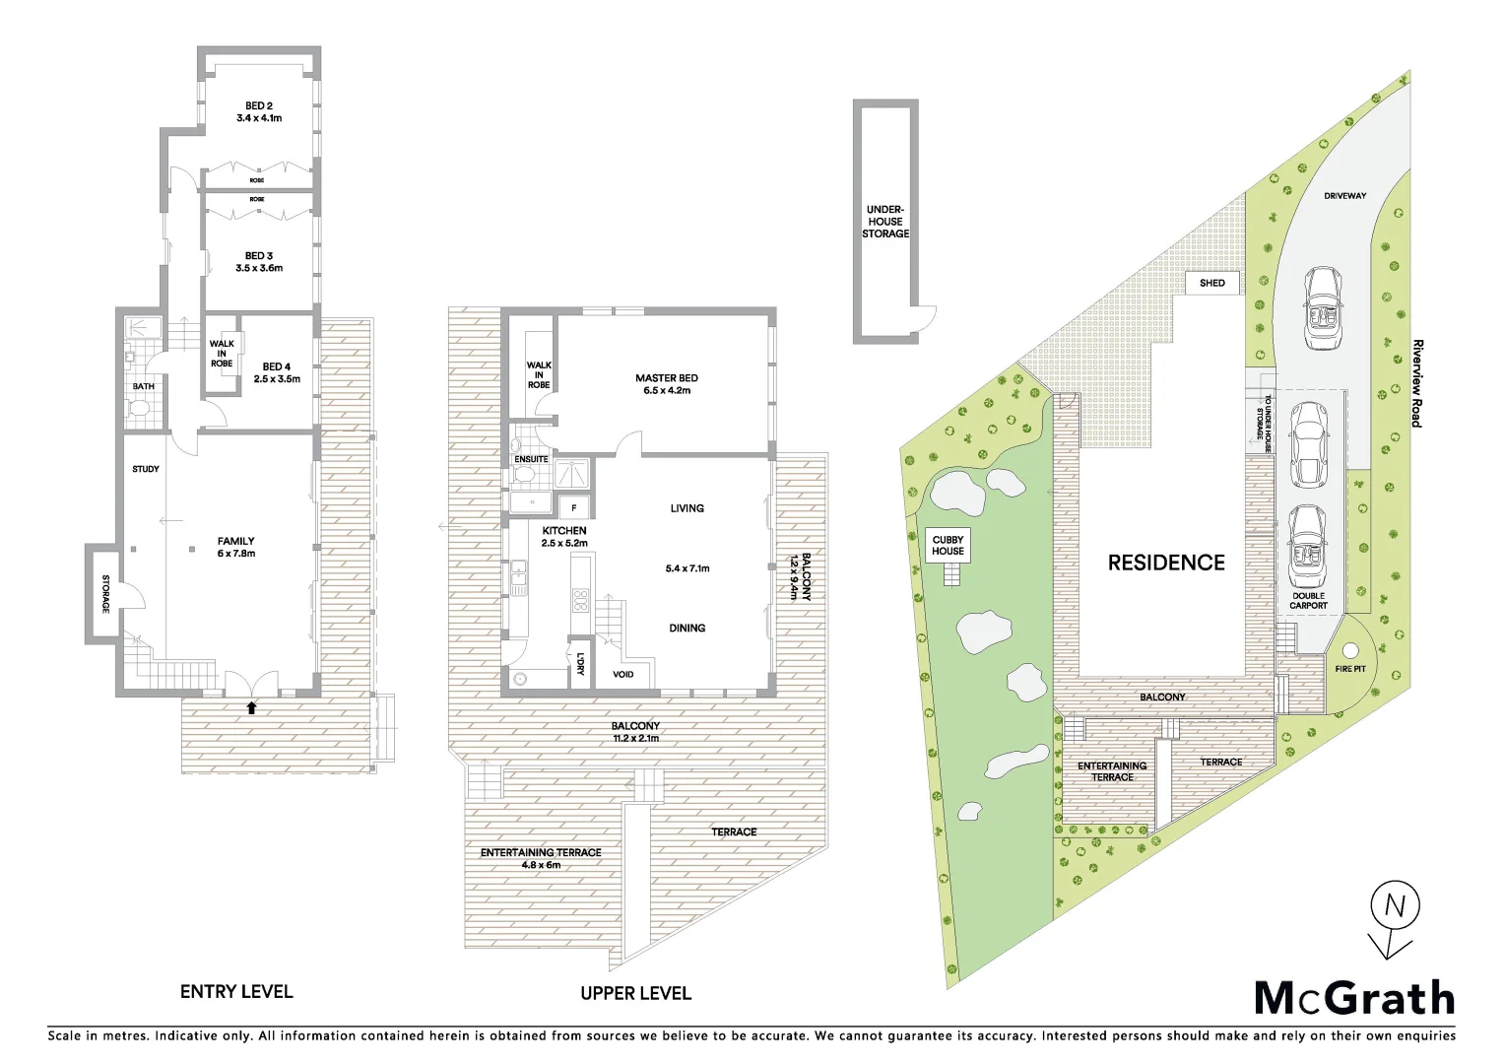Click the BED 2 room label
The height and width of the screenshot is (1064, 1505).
(x=259, y=105)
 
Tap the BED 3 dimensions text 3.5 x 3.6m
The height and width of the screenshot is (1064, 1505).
(x=259, y=268)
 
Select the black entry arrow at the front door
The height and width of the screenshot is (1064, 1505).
(x=251, y=707)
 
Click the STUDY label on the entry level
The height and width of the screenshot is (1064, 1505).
(x=146, y=469)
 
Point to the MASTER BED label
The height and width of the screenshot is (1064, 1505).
(x=666, y=378)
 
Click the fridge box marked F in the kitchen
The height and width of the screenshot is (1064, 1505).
(x=574, y=508)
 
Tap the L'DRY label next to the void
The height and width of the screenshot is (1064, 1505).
(x=581, y=664)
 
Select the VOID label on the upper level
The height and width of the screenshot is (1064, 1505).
(x=623, y=675)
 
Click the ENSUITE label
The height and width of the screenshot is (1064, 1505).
(x=531, y=459)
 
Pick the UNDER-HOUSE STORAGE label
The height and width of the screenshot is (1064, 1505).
(x=885, y=222)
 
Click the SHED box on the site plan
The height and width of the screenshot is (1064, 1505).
(x=1212, y=283)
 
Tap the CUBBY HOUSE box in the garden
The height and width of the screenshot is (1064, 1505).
(x=948, y=545)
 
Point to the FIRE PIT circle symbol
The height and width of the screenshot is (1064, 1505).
(x=1349, y=650)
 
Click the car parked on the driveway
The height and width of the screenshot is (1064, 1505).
(x=1322, y=308)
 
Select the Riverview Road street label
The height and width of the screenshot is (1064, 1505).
(x=1417, y=383)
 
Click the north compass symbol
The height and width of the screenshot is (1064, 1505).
(x=1395, y=906)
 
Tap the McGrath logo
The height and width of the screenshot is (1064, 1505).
(x=1354, y=998)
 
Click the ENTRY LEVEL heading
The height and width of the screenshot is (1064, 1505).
(x=236, y=992)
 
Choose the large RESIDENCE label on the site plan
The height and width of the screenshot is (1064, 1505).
(x=1166, y=563)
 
